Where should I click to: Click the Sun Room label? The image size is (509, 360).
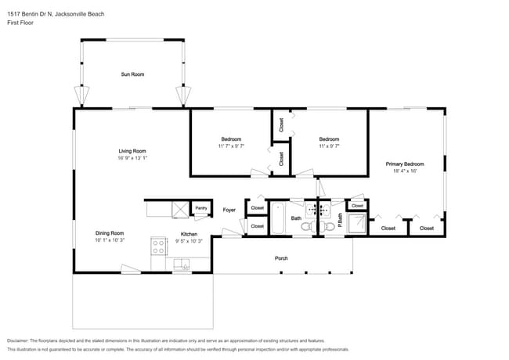point(132,74)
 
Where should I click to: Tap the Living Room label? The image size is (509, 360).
point(132,151)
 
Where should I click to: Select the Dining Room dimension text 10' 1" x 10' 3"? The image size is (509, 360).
point(110,240)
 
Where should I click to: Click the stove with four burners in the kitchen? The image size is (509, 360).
point(159,247)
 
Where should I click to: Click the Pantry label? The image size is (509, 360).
point(201,208)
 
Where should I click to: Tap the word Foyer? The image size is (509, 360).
point(229,210)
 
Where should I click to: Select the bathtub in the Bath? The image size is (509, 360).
point(278,218)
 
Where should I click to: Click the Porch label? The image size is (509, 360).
point(281,258)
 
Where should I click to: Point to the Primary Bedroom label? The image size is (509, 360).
point(405,164)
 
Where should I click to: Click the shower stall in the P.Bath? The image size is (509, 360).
point(357,223)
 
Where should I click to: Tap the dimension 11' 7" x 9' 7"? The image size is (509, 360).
point(231,146)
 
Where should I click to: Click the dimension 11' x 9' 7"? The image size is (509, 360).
point(329,146)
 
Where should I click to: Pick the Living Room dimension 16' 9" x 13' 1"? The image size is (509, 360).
point(132,158)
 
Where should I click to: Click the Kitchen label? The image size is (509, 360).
point(189,234)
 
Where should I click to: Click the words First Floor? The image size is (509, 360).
point(19,23)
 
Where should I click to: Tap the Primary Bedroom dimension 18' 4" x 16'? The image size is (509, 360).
point(405,171)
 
